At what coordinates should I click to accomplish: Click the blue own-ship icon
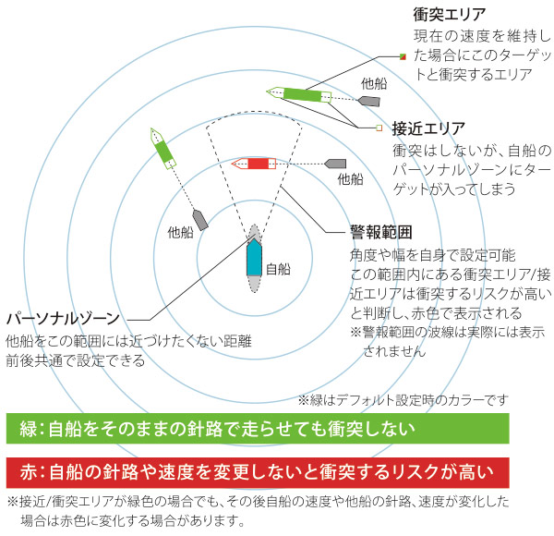coord(254,258)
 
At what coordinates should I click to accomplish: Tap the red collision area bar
coord(258,164)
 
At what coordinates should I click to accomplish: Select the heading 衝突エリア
coord(450,15)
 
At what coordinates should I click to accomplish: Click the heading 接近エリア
coord(428,128)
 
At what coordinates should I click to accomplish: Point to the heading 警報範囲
coord(380,232)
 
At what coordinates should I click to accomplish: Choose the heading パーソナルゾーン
coord(64,319)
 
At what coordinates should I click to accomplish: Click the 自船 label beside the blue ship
coord(278,269)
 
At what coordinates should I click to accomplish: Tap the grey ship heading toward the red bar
coord(335,164)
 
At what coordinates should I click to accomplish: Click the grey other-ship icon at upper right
coord(369,102)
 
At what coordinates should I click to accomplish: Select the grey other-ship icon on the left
coord(200,220)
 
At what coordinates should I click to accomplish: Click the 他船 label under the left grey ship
coord(181,233)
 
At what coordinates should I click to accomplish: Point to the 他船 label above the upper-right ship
coord(374,83)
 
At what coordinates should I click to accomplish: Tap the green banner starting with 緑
coord(258,428)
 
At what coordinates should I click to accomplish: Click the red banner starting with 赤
coord(258,472)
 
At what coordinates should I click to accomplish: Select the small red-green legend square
coord(403,56)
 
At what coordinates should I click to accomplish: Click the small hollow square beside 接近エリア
coord(379,128)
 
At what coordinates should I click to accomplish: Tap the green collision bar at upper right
coord(302,94)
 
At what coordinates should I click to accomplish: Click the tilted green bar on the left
coord(163,152)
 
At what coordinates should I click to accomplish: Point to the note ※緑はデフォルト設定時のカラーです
coord(403,400)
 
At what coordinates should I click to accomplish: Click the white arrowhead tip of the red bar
coord(232,164)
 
